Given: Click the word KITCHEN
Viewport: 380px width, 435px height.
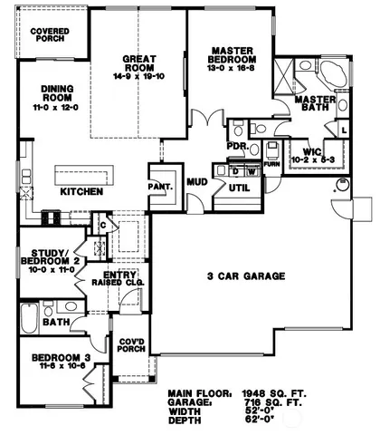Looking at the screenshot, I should click(81, 192).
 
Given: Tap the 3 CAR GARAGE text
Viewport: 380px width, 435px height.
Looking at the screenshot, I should click(246, 275).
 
